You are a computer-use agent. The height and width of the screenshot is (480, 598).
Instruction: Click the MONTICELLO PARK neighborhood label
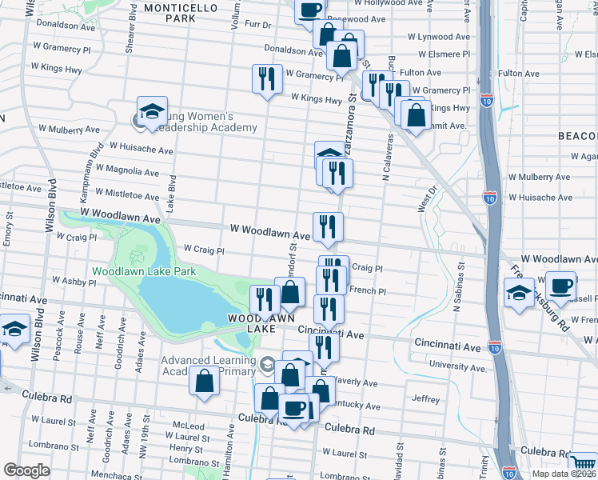pyautogui.click(x=181, y=12)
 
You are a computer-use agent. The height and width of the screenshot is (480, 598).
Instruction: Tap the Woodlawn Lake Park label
pyautogui.click(x=144, y=272)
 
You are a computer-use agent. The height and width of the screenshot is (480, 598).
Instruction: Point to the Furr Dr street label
pyautogui.click(x=258, y=25)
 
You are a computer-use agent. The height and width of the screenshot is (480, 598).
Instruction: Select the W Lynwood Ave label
pyautogui.click(x=439, y=37)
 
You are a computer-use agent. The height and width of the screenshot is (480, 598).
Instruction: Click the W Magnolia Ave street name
pyautogui.click(x=128, y=171)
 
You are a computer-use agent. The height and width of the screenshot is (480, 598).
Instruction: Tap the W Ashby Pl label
pyautogui.click(x=63, y=282)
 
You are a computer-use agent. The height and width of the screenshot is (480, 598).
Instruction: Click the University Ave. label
pyautogui.click(x=459, y=366)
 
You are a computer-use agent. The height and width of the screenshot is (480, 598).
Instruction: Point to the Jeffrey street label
pyautogui.click(x=425, y=399)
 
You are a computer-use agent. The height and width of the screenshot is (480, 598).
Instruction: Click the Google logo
pyautogui.click(x=26, y=470)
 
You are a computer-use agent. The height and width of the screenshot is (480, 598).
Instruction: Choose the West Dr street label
pyautogui.click(x=428, y=198)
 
